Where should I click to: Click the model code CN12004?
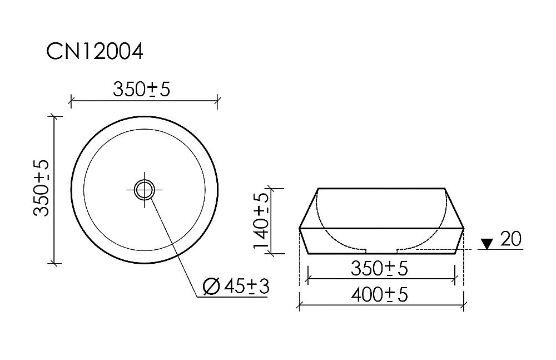point(95,52)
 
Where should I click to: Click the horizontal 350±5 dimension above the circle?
point(141,89)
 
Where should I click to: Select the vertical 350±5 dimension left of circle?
point(41,188)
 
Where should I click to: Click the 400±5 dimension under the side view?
point(380,295)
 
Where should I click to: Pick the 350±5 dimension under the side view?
point(380,269)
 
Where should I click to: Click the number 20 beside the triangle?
point(510,239)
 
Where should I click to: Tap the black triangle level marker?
point(487,244)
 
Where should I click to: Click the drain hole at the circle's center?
point(145,189)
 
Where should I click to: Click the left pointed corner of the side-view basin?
point(300,229)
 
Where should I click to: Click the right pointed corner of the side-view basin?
point(464,229)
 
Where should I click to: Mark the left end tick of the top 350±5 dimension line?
point(71,101)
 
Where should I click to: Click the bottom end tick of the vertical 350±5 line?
point(54,263)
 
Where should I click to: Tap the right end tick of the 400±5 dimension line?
point(464,304)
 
